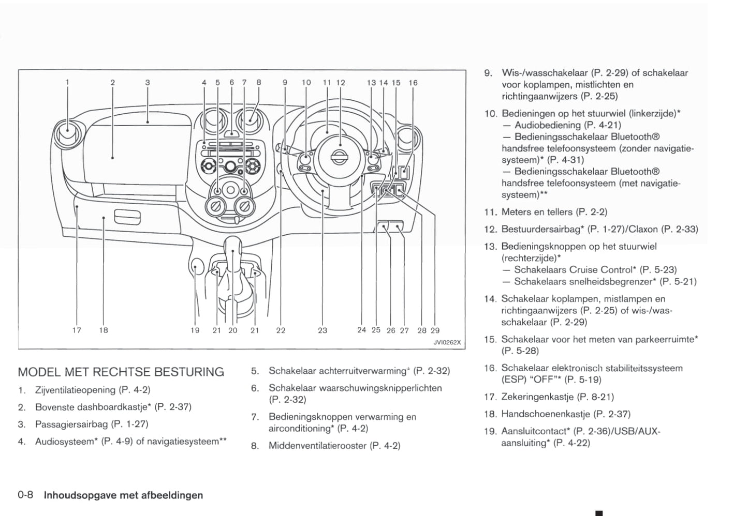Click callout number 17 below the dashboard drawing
[x=77, y=330]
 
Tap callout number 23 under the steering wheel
[x=322, y=330]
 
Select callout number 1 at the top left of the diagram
[x=67, y=82]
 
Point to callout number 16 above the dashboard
[x=413, y=83]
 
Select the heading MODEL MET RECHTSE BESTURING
[x=121, y=372]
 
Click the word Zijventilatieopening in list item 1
[x=75, y=390]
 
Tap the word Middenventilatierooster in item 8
[x=317, y=446]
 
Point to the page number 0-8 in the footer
[x=25, y=495]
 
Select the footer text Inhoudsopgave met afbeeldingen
[x=123, y=495]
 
